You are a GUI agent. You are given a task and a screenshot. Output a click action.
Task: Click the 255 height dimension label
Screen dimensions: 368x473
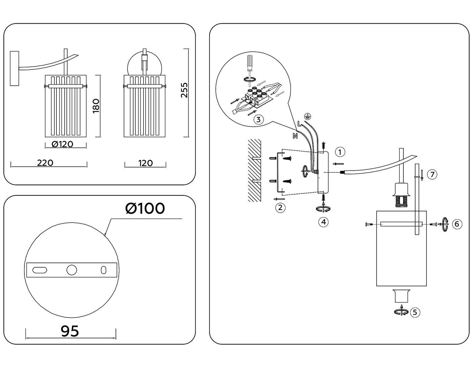tap(184, 90)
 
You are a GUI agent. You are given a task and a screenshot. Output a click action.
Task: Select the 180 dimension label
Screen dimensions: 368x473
tap(96, 106)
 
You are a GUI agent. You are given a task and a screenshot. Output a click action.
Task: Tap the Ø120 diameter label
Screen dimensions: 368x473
tap(63, 144)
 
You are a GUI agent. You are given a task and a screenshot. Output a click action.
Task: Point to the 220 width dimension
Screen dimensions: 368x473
tap(45, 163)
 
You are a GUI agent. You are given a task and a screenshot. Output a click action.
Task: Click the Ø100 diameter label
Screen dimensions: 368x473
tap(145, 208)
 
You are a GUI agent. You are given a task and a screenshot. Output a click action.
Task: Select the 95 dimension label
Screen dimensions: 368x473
tap(70, 331)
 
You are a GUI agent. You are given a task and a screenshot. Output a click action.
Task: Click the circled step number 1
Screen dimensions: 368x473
tap(340, 152)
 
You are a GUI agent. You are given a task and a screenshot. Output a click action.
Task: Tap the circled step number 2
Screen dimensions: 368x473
tap(280, 207)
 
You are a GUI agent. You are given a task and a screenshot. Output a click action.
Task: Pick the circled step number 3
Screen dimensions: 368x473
tap(258, 119)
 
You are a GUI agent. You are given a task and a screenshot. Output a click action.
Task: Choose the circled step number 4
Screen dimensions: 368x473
tap(324, 222)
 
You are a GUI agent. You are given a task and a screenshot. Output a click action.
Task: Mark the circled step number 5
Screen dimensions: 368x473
tap(415, 312)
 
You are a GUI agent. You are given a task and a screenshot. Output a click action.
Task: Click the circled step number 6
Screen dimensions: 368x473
tap(457, 224)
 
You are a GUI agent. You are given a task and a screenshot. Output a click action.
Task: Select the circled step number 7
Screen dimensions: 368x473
tap(432, 175)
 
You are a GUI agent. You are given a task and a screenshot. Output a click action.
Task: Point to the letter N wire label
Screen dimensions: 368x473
tap(295, 136)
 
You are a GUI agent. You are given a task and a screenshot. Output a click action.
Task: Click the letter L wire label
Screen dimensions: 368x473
tap(299, 124)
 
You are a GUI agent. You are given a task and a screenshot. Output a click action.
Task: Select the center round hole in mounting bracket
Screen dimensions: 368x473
tap(72, 270)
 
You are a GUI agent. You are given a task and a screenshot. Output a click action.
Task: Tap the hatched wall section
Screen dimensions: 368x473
tap(254, 170)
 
